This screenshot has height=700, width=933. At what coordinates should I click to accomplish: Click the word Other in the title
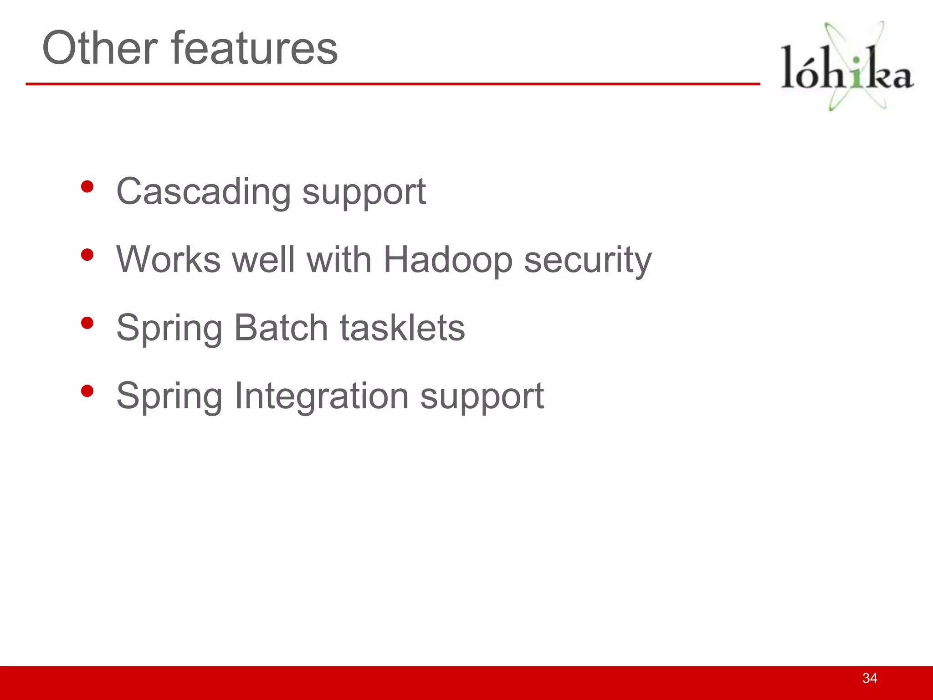100,48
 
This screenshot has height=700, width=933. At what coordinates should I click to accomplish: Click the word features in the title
255,48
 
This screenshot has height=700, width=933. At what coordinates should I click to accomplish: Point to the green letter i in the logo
857,73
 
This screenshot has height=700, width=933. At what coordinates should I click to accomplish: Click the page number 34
870,678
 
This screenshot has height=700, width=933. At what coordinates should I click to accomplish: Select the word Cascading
203,191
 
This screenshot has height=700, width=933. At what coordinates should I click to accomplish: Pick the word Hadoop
448,260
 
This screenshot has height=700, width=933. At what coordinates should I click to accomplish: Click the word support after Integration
482,396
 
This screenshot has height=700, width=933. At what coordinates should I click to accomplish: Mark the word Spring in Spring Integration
169,396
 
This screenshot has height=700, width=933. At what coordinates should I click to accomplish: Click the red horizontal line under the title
392,84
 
